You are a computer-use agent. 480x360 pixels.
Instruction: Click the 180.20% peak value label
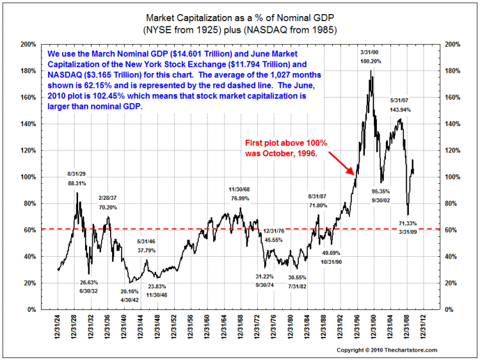(x=371, y=62)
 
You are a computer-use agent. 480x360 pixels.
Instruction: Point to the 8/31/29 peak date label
(x=77, y=174)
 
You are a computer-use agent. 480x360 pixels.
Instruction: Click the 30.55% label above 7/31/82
(x=296, y=277)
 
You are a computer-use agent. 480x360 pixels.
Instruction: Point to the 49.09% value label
(x=332, y=253)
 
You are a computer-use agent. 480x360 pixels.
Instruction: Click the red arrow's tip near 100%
(x=353, y=174)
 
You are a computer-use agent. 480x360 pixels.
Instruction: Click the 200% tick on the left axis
(x=28, y=45)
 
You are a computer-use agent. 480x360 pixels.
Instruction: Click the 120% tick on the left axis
(x=28, y=151)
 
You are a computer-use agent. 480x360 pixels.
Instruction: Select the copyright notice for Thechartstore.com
(x=387, y=350)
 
